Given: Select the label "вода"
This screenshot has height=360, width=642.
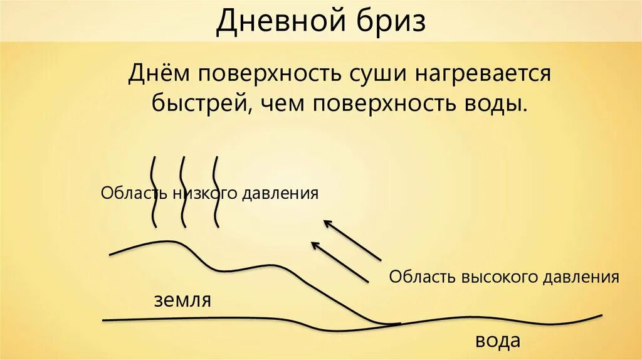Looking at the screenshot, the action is click(498, 341).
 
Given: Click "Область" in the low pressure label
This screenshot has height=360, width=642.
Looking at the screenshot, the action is click(127, 193).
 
